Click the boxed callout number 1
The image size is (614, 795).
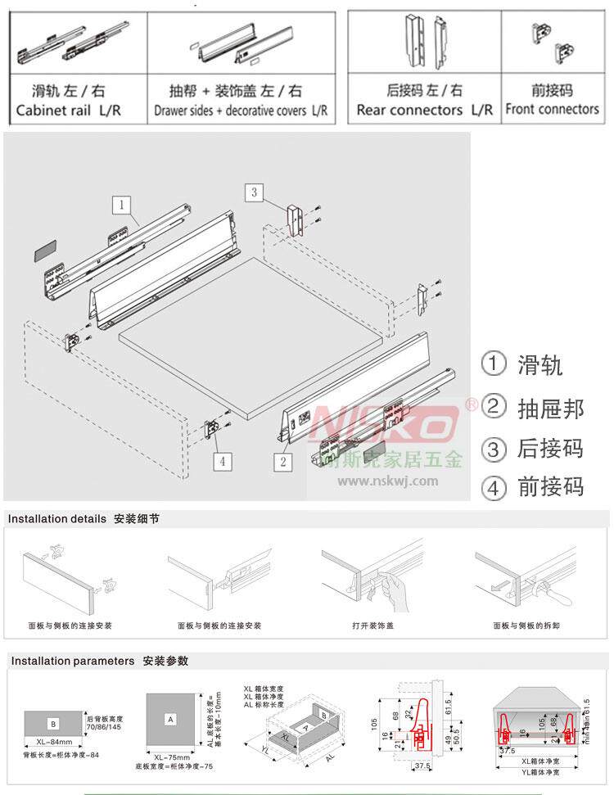click(121, 202)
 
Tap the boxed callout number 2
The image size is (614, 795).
click(282, 461)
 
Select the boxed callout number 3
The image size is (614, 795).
click(255, 192)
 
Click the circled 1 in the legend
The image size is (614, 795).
click(494, 364)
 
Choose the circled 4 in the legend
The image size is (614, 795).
click(494, 489)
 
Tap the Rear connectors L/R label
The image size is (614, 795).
click(425, 110)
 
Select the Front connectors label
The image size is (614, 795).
click(552, 109)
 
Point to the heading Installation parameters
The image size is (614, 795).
click(72, 661)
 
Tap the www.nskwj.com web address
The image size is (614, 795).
click(387, 481)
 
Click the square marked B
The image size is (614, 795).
click(52, 723)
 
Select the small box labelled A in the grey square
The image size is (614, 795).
click(171, 719)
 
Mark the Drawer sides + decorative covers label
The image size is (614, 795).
click(241, 111)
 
